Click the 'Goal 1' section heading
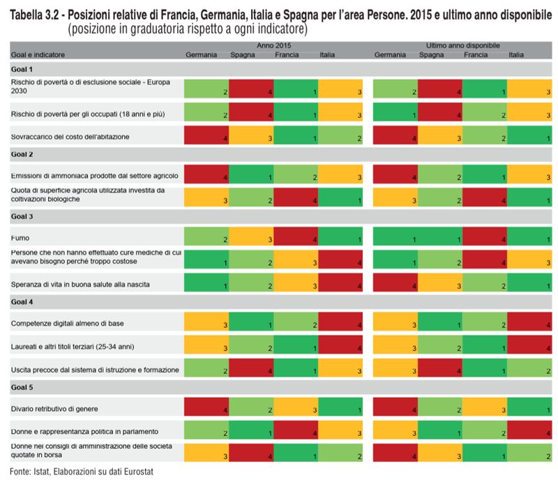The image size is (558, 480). [22, 69]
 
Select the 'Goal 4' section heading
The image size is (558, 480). [22, 302]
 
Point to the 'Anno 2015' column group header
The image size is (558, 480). [273, 45]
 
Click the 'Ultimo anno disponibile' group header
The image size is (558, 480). [463, 45]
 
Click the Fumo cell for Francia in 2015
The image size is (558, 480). [296, 238]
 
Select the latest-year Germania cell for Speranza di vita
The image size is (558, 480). [396, 283]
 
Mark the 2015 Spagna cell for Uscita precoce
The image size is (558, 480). [251, 368]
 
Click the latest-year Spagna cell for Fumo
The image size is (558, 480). [441, 238]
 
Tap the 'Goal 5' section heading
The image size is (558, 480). [22, 387]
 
